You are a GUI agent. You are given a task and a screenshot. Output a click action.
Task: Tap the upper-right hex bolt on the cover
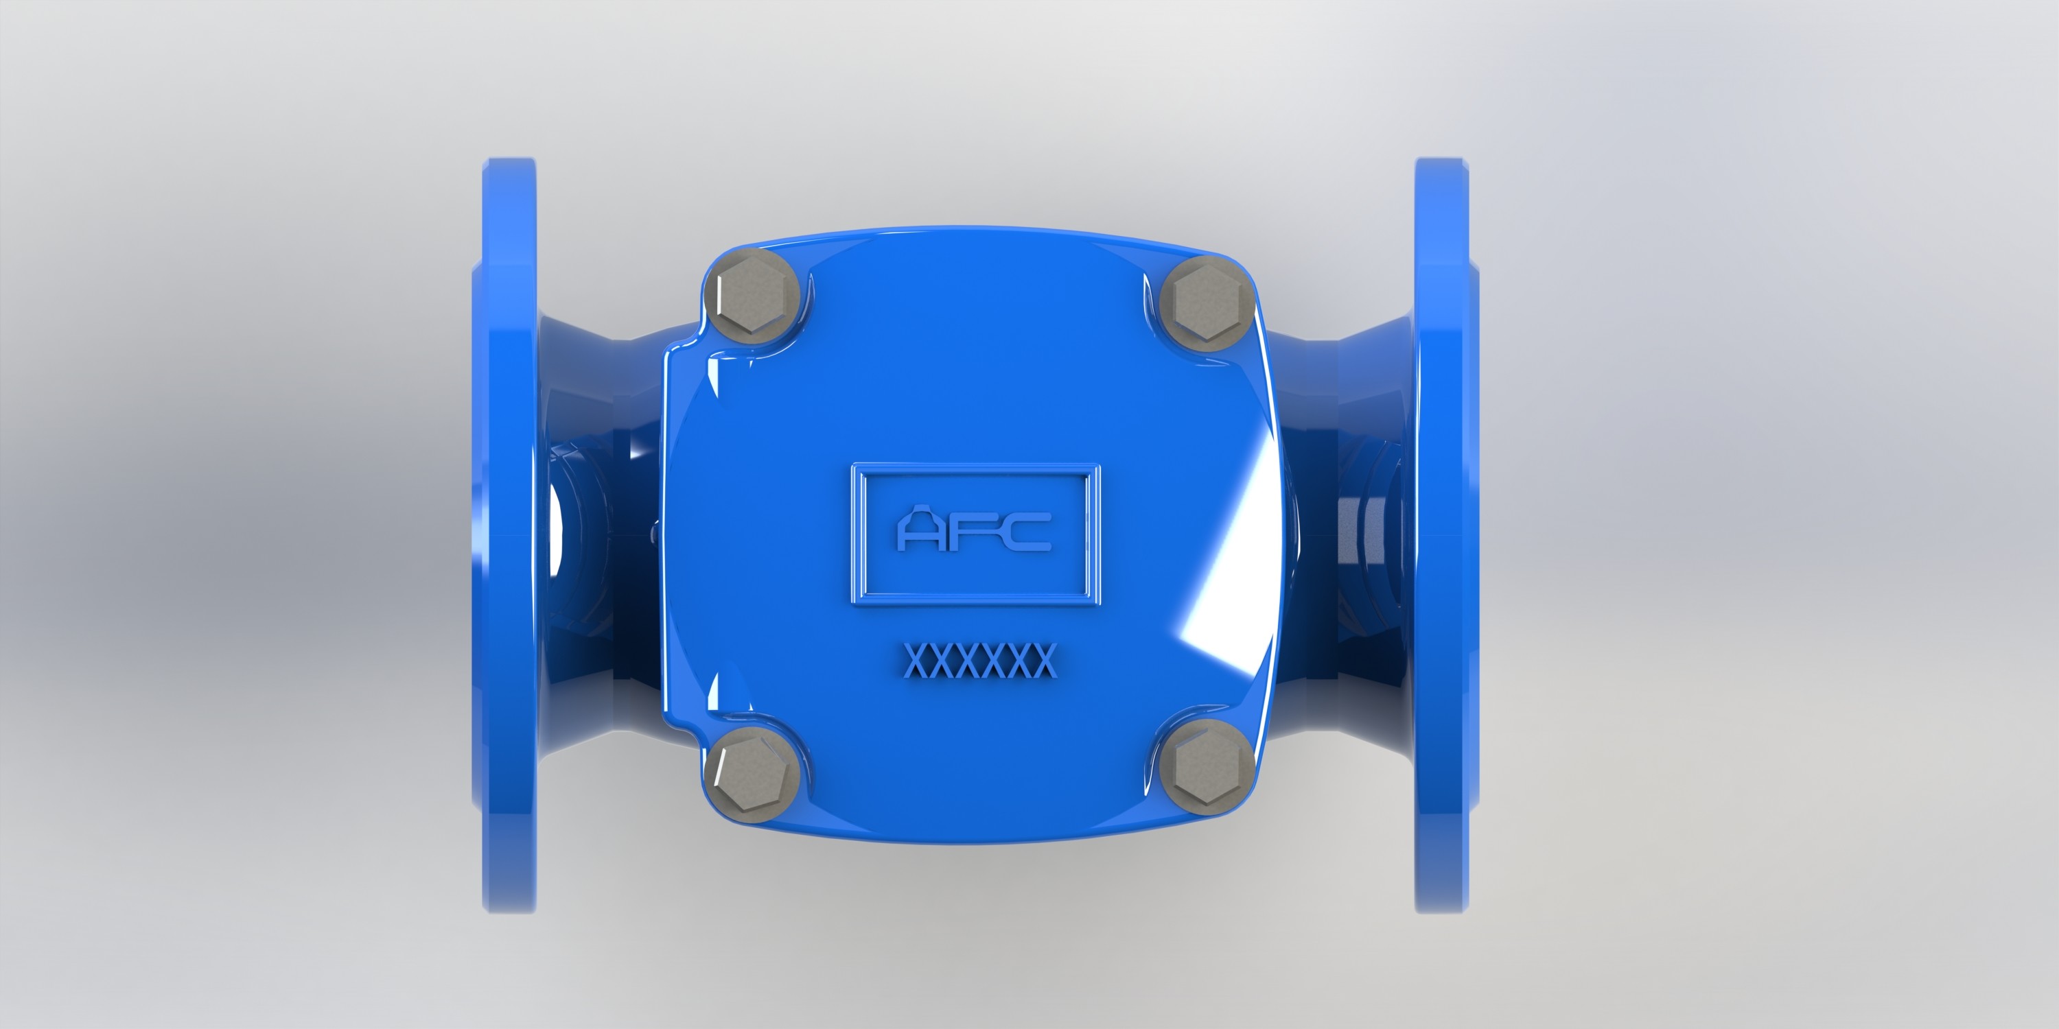1205,305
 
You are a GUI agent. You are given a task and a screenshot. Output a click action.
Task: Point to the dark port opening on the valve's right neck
1359,543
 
